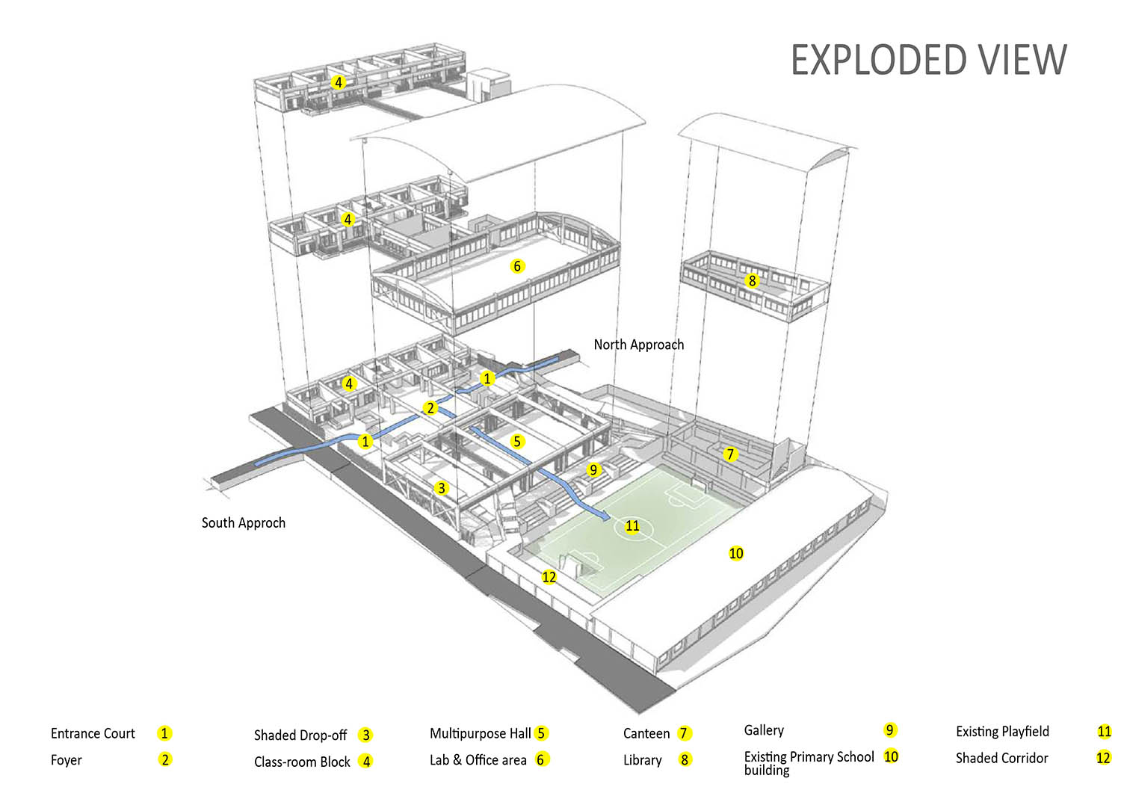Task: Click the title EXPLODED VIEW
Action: coord(929,60)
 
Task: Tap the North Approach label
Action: coord(638,345)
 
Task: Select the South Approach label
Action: coord(243,523)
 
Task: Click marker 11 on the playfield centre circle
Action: coord(632,525)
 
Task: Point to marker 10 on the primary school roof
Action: coord(735,553)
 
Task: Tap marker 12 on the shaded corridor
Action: coord(549,577)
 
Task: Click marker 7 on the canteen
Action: coord(730,454)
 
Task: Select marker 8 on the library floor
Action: coord(752,281)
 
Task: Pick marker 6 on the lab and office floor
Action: coord(517,266)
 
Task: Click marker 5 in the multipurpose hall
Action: coord(517,442)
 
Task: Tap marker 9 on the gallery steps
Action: coord(593,469)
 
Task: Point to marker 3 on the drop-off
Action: coord(441,487)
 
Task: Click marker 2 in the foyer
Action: coord(430,408)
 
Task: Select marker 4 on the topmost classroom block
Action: coord(339,82)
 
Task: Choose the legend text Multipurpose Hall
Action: coord(480,733)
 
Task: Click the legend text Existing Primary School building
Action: coord(809,763)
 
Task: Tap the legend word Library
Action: coord(642,760)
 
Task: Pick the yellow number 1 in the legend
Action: coord(164,733)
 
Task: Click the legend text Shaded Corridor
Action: coord(1001,758)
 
